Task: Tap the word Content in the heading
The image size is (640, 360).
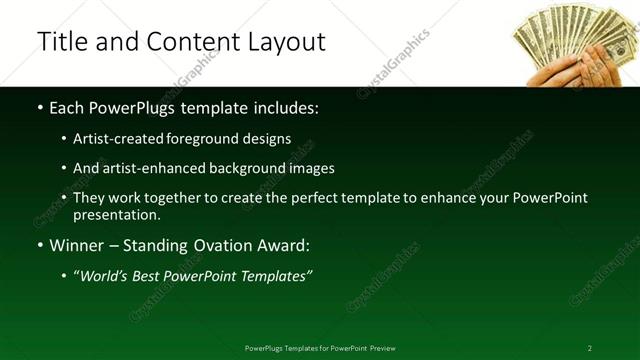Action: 189,42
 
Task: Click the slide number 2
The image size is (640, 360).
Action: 590,348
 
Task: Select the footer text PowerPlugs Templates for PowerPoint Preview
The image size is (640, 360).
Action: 320,348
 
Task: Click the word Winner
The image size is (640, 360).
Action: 78,245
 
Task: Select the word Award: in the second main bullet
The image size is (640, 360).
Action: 282,245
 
